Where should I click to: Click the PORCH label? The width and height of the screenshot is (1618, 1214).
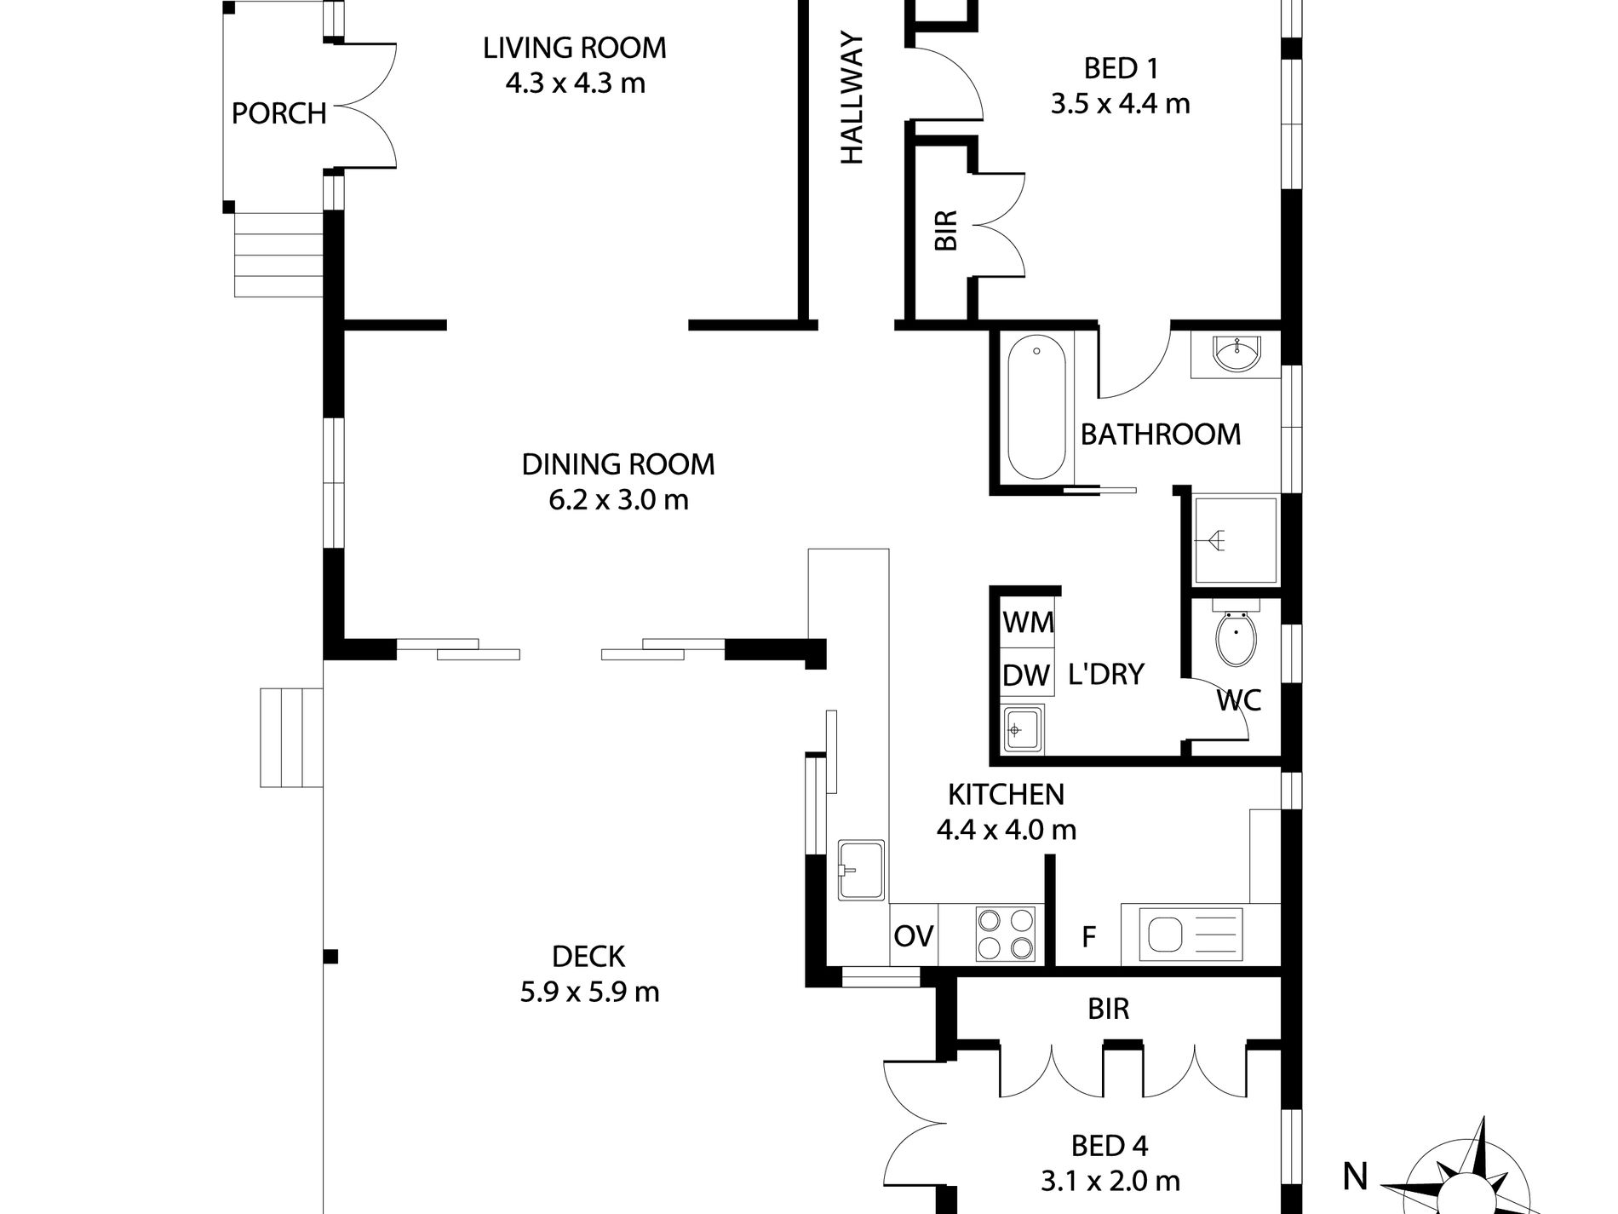[x=279, y=113]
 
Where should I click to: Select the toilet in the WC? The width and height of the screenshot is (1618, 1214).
[x=1234, y=639]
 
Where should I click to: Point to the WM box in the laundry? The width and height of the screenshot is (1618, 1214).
[x=1028, y=623]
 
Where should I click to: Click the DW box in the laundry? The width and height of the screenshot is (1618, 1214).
[x=1026, y=676]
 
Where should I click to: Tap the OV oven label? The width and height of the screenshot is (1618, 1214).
[x=914, y=936]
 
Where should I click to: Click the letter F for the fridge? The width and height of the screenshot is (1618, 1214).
[x=1087, y=937]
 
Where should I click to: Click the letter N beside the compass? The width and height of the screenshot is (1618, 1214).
[x=1356, y=1177]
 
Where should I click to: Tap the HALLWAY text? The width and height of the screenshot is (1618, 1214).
[x=852, y=98]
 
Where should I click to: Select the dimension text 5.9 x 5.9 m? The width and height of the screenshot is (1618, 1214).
[x=589, y=992]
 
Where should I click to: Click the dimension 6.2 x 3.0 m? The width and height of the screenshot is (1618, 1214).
[x=618, y=500]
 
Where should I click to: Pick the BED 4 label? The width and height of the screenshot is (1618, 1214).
[x=1110, y=1146]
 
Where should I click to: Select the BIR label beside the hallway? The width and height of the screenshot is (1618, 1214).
[x=946, y=230]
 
